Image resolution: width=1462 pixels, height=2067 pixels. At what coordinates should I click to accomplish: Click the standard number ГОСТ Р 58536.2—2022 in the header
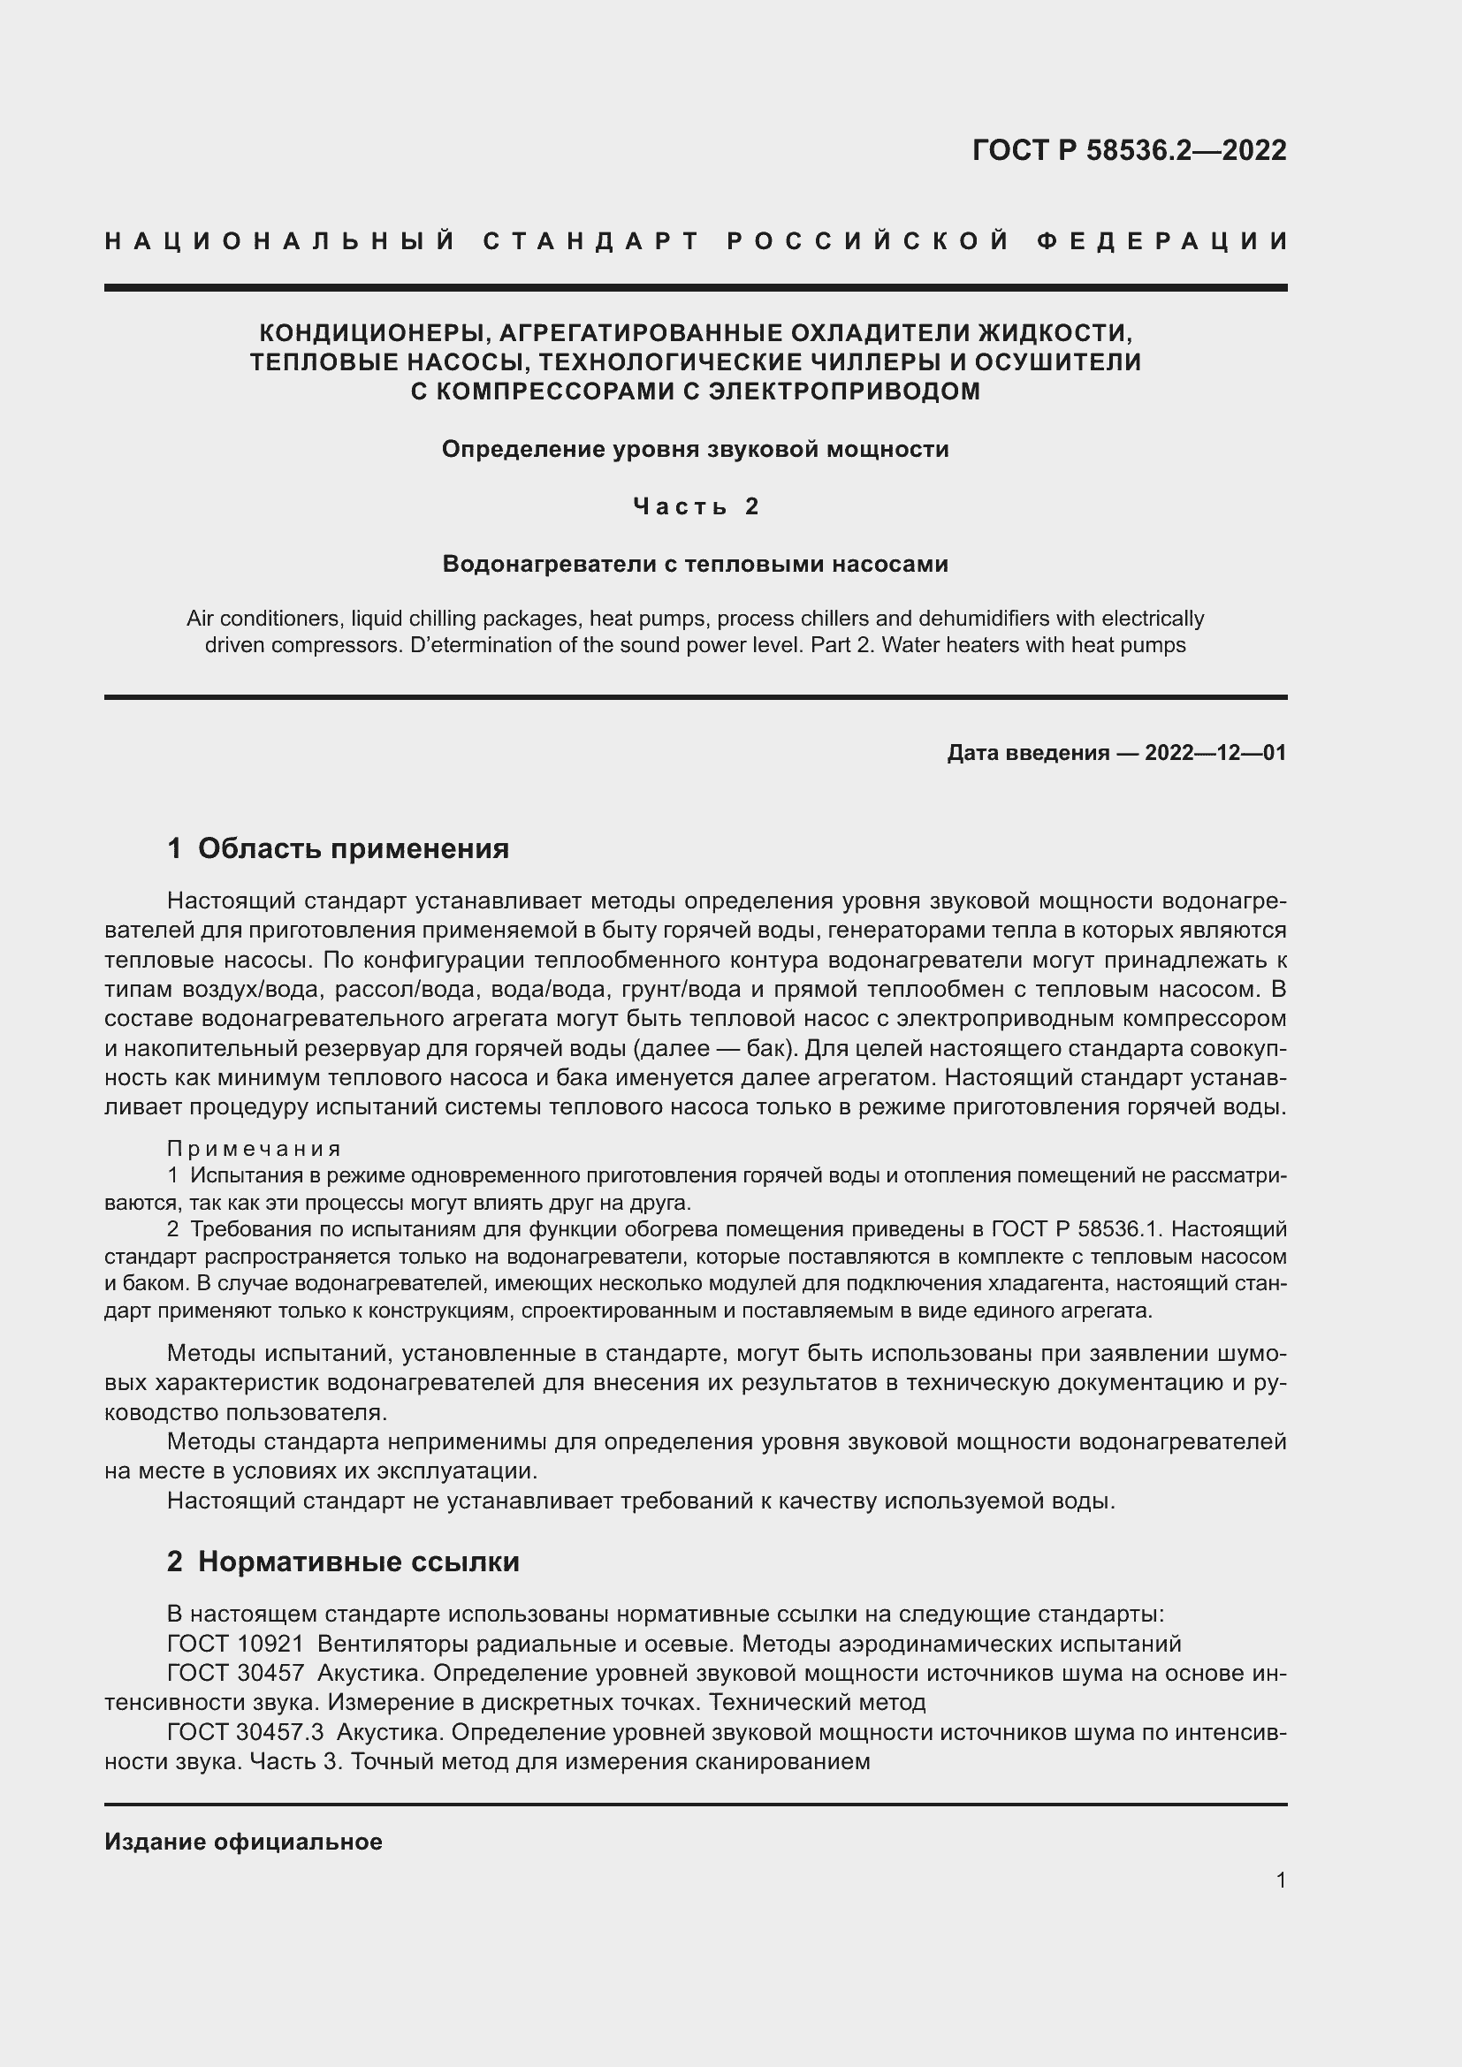tap(1129, 150)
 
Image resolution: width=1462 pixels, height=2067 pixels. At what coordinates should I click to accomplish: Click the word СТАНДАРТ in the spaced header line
tap(590, 241)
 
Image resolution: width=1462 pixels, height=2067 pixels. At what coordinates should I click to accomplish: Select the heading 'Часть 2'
tap(696, 507)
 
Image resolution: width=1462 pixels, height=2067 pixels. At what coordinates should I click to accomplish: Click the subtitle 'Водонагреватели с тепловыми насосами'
tap(696, 565)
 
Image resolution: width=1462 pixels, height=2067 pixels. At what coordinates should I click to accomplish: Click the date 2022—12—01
tap(1215, 753)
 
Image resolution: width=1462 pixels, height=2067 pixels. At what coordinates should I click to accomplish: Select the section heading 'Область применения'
tap(353, 848)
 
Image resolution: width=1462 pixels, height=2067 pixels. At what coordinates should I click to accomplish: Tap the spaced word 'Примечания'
tap(255, 1149)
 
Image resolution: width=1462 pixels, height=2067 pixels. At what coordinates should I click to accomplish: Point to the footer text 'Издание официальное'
tap(243, 1842)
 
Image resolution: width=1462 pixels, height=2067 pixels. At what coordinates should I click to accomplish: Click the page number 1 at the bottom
tap(1280, 1880)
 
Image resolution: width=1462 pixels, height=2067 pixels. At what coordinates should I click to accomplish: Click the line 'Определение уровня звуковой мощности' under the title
tap(696, 449)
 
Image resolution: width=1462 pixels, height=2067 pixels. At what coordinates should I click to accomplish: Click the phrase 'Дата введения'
tap(1028, 753)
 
